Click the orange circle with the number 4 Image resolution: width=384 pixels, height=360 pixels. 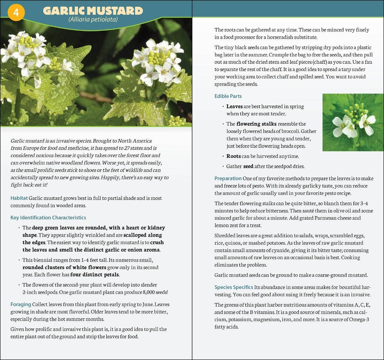coord(16,12)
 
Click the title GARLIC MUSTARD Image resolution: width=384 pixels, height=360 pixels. coord(93,11)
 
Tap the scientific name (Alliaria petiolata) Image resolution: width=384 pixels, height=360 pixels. coord(93,20)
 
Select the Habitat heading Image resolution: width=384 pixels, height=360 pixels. coord(19,198)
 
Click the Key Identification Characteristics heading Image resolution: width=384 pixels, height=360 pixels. coord(48,218)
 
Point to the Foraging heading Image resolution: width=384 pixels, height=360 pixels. coord(20,305)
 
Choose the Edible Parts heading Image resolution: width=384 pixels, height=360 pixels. coord(228,96)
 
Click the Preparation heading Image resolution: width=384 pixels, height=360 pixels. coord(228,178)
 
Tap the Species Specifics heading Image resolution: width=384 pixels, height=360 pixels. coord(233,287)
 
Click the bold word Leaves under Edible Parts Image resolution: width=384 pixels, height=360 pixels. coord(234,106)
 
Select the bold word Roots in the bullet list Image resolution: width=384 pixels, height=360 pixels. coord(233,156)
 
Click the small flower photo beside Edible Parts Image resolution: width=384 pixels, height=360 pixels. coord(353,122)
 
